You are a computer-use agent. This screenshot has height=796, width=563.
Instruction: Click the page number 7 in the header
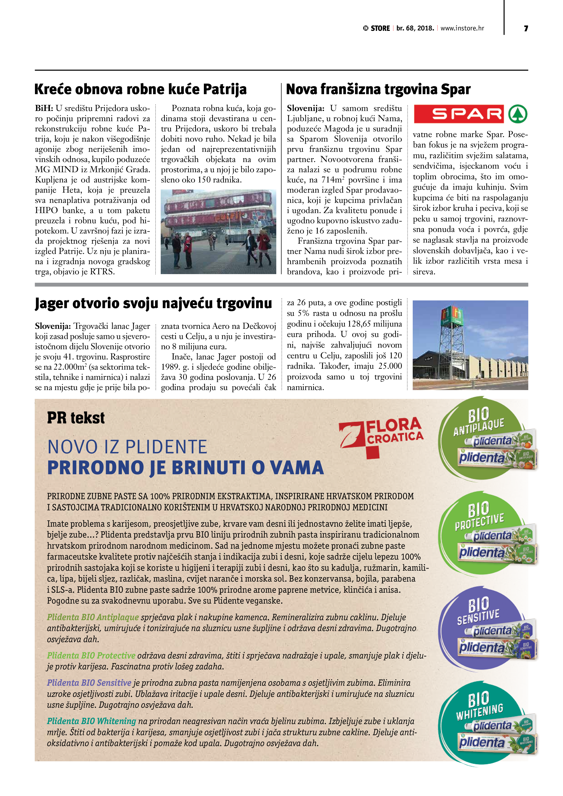click(526, 28)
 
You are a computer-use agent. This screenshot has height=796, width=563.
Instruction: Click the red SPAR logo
click(459, 114)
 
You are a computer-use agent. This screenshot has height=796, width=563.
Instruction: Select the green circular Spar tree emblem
click(518, 114)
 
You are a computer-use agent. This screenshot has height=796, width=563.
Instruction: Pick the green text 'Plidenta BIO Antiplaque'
click(93, 617)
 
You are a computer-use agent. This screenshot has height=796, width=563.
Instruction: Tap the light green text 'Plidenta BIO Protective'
click(91, 655)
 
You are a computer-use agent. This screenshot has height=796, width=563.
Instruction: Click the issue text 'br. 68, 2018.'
click(415, 28)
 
